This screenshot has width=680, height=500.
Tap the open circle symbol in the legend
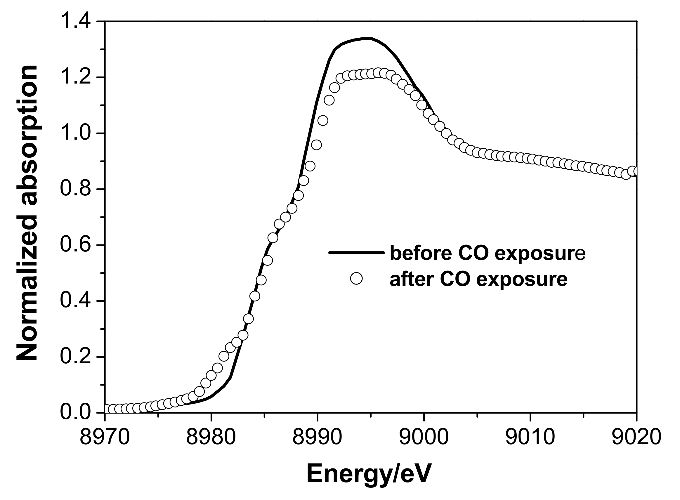coord(356,278)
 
